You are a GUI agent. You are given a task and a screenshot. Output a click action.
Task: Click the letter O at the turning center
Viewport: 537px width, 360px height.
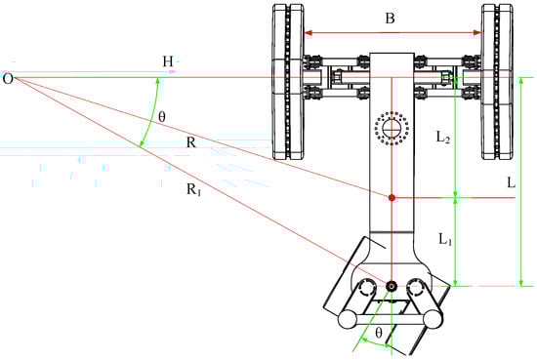click(8, 79)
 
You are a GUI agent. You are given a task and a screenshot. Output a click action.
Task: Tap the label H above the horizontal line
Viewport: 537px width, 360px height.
click(168, 61)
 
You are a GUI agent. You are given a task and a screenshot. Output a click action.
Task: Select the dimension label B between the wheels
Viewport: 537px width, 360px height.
click(391, 19)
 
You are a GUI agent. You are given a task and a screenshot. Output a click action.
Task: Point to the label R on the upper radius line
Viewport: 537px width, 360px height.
click(191, 142)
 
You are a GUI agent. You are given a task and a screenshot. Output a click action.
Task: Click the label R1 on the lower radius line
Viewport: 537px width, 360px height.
click(194, 190)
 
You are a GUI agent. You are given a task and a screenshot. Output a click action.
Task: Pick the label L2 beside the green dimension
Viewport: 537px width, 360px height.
click(443, 138)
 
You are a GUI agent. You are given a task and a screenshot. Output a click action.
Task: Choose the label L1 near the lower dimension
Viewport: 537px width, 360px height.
click(445, 239)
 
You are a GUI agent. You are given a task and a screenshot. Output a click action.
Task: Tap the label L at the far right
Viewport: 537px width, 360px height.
click(511, 183)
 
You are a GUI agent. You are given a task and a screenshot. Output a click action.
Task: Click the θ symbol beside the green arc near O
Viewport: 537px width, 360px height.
click(162, 117)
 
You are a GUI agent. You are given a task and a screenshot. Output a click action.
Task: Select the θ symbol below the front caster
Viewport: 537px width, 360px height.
click(379, 333)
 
